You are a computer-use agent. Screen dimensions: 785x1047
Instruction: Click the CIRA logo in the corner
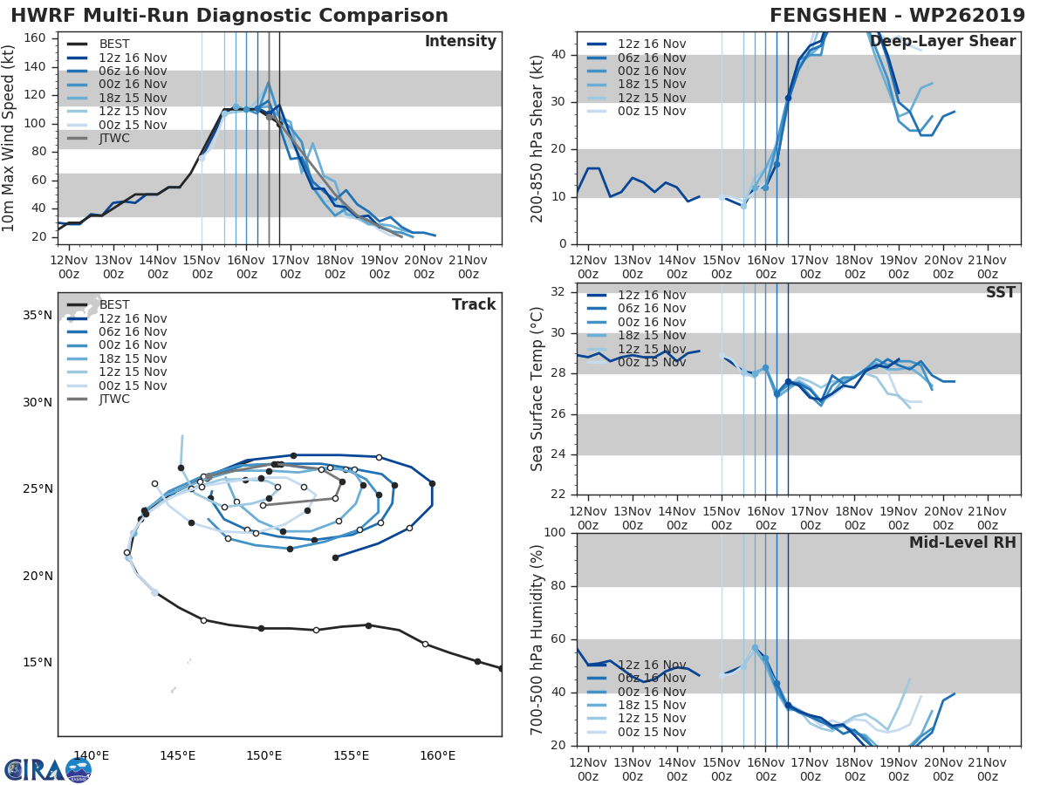[x=48, y=769]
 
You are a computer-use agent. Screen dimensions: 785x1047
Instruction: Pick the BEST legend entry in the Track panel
[x=114, y=305]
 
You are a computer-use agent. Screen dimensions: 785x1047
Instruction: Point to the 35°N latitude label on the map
[x=36, y=316]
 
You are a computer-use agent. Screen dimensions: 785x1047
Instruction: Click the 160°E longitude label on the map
[x=437, y=756]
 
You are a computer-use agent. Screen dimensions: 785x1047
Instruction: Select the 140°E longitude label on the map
[x=91, y=756]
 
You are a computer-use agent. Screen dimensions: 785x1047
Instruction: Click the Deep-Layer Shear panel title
[x=942, y=42]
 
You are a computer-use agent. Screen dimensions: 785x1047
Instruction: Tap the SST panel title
[x=1001, y=293]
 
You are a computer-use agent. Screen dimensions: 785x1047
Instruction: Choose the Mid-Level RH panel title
[x=962, y=543]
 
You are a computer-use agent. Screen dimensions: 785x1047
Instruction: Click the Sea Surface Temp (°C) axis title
[x=537, y=388]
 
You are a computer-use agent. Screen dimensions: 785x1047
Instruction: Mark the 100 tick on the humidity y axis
[x=555, y=533]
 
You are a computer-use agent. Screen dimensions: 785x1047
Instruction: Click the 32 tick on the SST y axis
[x=558, y=292]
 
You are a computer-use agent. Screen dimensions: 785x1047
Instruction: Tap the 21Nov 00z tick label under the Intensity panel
[x=468, y=268]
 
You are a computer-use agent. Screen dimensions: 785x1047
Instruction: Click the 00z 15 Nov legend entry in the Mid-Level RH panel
[x=651, y=733]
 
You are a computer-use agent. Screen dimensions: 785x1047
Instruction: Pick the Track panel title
[x=474, y=304]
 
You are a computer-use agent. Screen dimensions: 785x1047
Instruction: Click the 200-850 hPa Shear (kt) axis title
[x=537, y=138]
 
